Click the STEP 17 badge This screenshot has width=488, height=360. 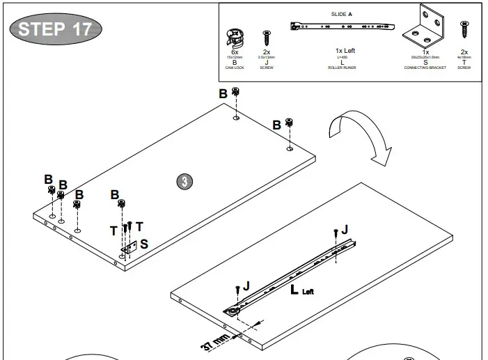(x=55, y=29)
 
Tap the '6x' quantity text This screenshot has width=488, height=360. (x=235, y=52)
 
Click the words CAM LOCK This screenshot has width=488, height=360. (x=235, y=68)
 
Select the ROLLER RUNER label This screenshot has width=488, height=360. (x=341, y=68)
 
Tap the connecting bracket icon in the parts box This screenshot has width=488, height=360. (x=425, y=26)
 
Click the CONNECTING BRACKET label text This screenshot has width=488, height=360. (x=425, y=68)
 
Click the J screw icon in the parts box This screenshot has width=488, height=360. (x=266, y=38)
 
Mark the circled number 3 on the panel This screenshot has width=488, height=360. (x=184, y=181)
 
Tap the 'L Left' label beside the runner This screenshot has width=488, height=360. (x=301, y=289)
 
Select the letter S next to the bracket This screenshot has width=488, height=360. (x=144, y=244)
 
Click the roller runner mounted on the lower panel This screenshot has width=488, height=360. (x=292, y=275)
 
